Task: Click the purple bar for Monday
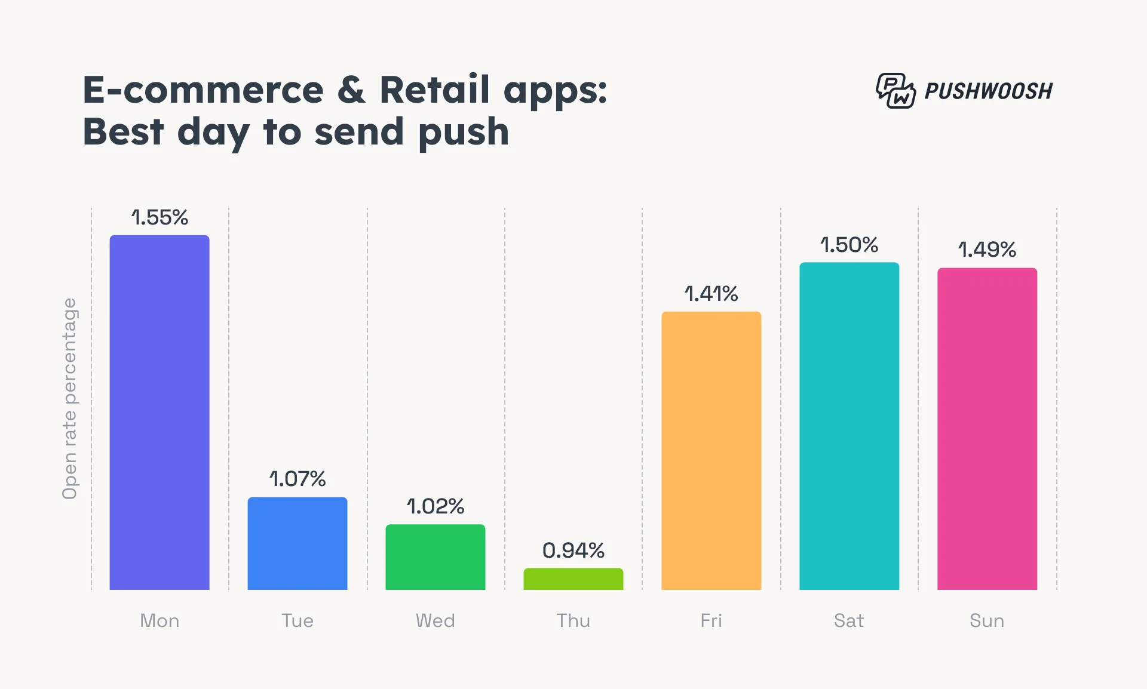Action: (x=160, y=412)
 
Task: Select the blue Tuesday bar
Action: (x=298, y=543)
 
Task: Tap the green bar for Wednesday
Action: (x=436, y=557)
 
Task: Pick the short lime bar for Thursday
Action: (x=573, y=579)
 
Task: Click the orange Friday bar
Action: (x=711, y=451)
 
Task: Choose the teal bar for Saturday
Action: (x=849, y=426)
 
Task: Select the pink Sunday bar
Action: (x=987, y=429)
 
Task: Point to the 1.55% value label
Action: (x=160, y=217)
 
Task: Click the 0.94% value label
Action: (x=573, y=550)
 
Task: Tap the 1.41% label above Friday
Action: (x=711, y=294)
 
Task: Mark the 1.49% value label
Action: (x=987, y=250)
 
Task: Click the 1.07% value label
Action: (x=298, y=479)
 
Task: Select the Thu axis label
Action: (x=573, y=621)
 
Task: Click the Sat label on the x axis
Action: (x=849, y=621)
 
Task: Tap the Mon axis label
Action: (x=160, y=621)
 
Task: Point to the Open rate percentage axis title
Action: (x=70, y=398)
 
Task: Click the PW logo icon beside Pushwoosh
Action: (x=895, y=91)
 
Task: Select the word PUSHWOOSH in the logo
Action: (x=989, y=91)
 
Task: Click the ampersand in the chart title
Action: (x=351, y=90)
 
